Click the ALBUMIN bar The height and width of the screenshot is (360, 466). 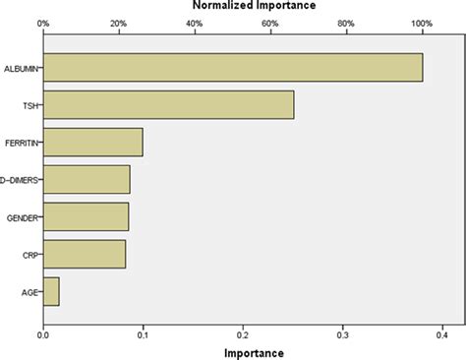pos(233,67)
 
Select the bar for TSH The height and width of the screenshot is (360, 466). pos(168,104)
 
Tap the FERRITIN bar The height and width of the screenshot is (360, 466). pos(93,142)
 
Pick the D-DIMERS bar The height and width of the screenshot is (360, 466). pos(87,179)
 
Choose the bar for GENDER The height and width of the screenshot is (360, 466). pos(86,216)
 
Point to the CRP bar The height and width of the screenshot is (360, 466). pos(85,254)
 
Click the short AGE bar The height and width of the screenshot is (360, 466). pos(51,291)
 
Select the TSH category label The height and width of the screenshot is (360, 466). pos(29,105)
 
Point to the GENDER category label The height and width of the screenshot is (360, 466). pos(22,217)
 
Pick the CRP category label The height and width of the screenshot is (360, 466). pos(29,255)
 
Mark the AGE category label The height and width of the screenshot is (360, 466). pos(29,292)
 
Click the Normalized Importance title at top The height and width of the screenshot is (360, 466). pos(253,6)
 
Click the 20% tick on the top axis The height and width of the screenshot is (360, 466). pos(119,22)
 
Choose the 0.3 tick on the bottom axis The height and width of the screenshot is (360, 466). pos(341,334)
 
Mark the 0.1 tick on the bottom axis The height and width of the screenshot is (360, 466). pos(143,334)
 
